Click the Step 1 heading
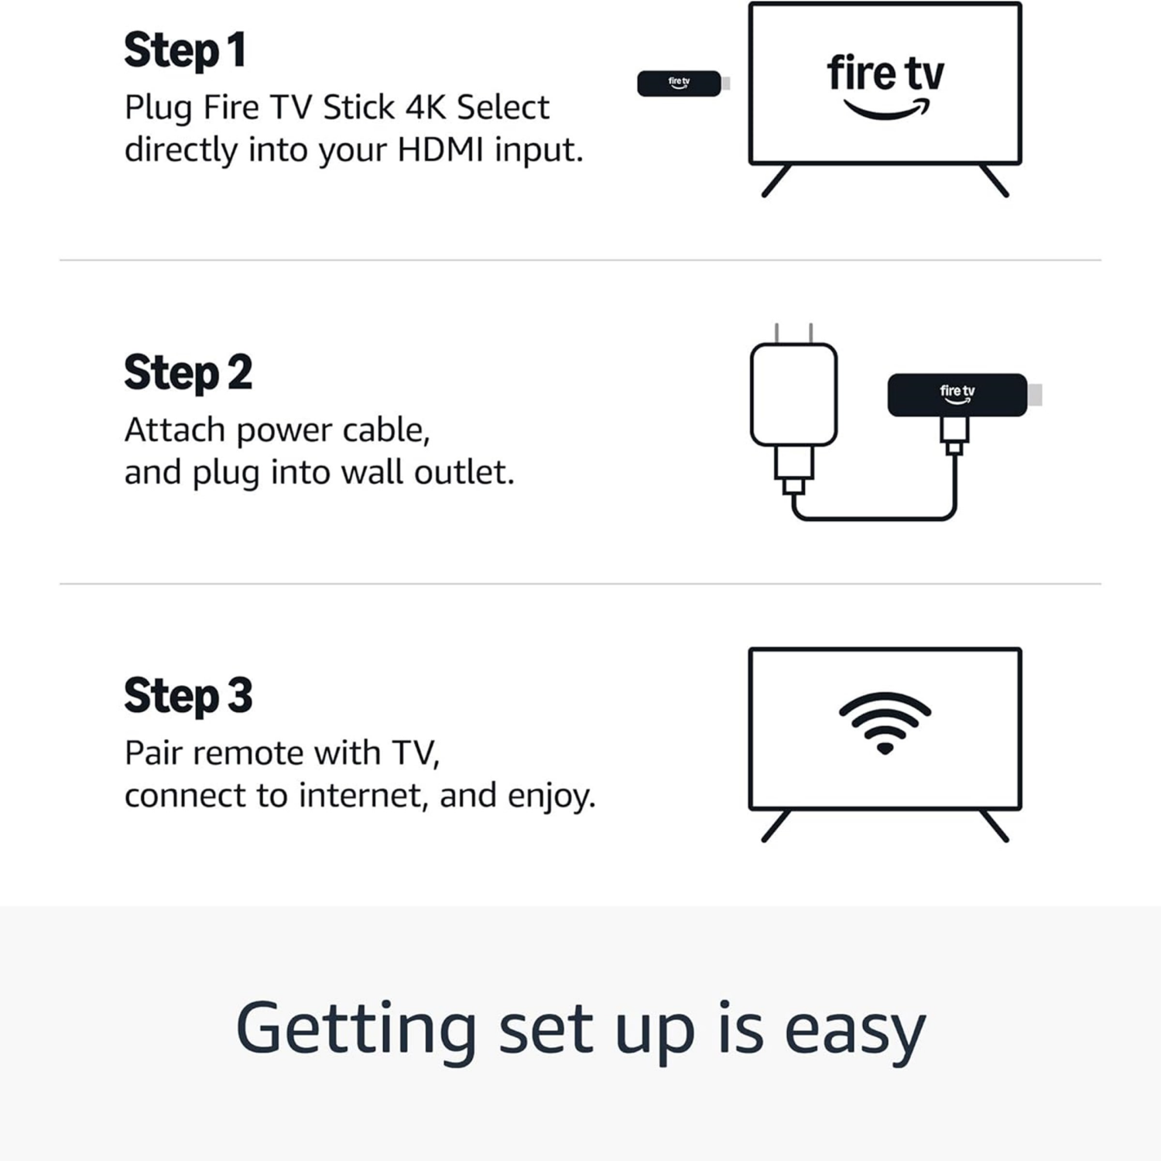[x=185, y=51]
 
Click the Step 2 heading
[x=188, y=373]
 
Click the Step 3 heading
[x=188, y=696]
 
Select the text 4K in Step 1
[x=423, y=108]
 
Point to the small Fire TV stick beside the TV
[x=679, y=84]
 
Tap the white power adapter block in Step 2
[x=793, y=395]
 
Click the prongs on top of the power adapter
[x=793, y=334]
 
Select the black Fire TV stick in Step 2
[x=957, y=395]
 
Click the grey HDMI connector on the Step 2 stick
[x=1035, y=395]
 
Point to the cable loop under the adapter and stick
[x=875, y=518]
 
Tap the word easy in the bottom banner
[x=854, y=1030]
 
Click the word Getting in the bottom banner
[x=355, y=1030]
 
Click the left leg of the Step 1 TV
[x=776, y=181]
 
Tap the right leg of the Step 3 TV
[x=995, y=826]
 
